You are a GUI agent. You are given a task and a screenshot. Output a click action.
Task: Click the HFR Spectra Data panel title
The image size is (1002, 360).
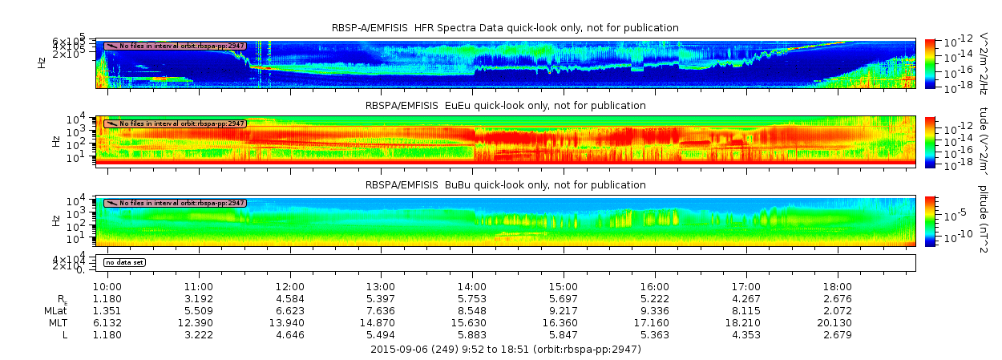[505, 28]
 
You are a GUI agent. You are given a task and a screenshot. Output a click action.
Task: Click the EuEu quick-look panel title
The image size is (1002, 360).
[505, 106]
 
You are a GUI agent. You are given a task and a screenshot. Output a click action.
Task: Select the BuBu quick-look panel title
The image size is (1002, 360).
[505, 185]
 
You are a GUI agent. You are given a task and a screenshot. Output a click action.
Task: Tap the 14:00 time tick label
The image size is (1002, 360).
[472, 286]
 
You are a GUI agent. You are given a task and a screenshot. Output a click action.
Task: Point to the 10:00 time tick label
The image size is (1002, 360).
[107, 286]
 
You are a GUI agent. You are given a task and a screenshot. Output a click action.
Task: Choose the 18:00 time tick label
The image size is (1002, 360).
[838, 286]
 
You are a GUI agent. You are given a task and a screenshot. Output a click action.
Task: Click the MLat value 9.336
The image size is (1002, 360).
[655, 310]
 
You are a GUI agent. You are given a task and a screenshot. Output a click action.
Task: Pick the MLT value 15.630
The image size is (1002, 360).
[472, 322]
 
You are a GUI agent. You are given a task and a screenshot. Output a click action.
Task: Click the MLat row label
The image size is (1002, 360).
[55, 310]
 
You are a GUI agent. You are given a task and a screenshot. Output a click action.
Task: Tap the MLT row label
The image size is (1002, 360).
[55, 322]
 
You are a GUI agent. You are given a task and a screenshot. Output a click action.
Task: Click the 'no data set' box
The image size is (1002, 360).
[124, 262]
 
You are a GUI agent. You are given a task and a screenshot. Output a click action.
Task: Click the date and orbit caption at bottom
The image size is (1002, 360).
[505, 350]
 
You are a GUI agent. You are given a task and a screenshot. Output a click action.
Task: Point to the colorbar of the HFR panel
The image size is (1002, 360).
[930, 63]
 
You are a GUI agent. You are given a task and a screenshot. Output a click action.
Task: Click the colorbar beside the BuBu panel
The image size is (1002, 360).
[930, 220]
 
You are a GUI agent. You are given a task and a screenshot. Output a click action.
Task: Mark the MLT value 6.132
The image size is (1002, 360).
[107, 322]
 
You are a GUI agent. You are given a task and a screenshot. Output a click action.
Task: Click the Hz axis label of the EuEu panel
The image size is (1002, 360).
[55, 141]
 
